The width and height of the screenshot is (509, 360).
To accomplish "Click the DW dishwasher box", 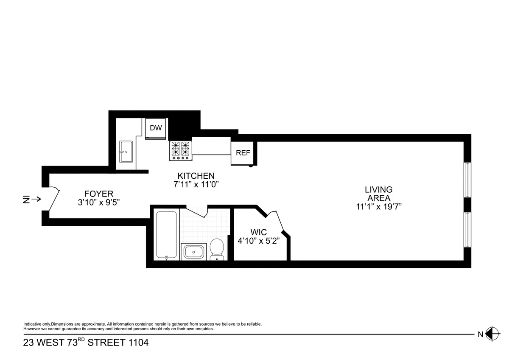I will (156, 128).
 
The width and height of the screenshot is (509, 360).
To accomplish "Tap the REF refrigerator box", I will (243, 153).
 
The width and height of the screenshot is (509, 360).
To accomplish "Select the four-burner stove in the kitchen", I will (181, 151).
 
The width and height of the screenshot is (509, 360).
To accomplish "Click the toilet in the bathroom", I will (217, 249).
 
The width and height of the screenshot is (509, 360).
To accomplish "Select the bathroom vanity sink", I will (194, 251).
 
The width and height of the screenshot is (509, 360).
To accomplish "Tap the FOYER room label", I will (98, 194).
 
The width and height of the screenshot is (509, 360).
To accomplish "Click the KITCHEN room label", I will (196, 176).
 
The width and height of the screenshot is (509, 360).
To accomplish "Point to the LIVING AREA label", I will (379, 194).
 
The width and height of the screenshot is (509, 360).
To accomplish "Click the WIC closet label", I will (258, 232).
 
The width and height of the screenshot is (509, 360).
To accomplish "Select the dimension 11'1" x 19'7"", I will (379, 207).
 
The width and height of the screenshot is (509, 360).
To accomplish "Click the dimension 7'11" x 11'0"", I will (196, 184).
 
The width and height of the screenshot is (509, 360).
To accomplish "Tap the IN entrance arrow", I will (31, 199).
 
